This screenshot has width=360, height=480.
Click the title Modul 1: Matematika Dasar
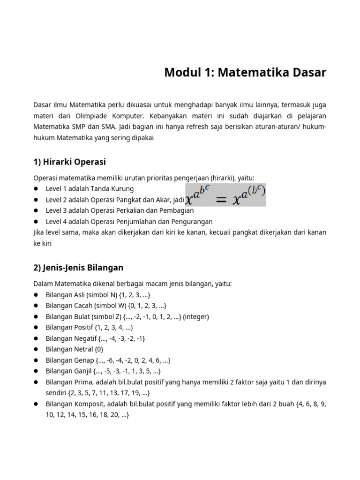[x=245, y=73]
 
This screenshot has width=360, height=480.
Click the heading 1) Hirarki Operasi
[x=69, y=162]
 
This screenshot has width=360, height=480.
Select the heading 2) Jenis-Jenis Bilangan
[x=78, y=268]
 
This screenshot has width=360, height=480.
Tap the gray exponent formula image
[x=225, y=195]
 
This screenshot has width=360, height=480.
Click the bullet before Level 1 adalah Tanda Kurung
[x=36, y=189]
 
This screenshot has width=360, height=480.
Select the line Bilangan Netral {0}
[x=75, y=349]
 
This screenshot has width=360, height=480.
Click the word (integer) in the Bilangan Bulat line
[x=196, y=316]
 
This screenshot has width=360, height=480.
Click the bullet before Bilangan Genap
[x=36, y=360]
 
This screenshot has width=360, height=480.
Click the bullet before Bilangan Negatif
[x=36, y=338]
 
